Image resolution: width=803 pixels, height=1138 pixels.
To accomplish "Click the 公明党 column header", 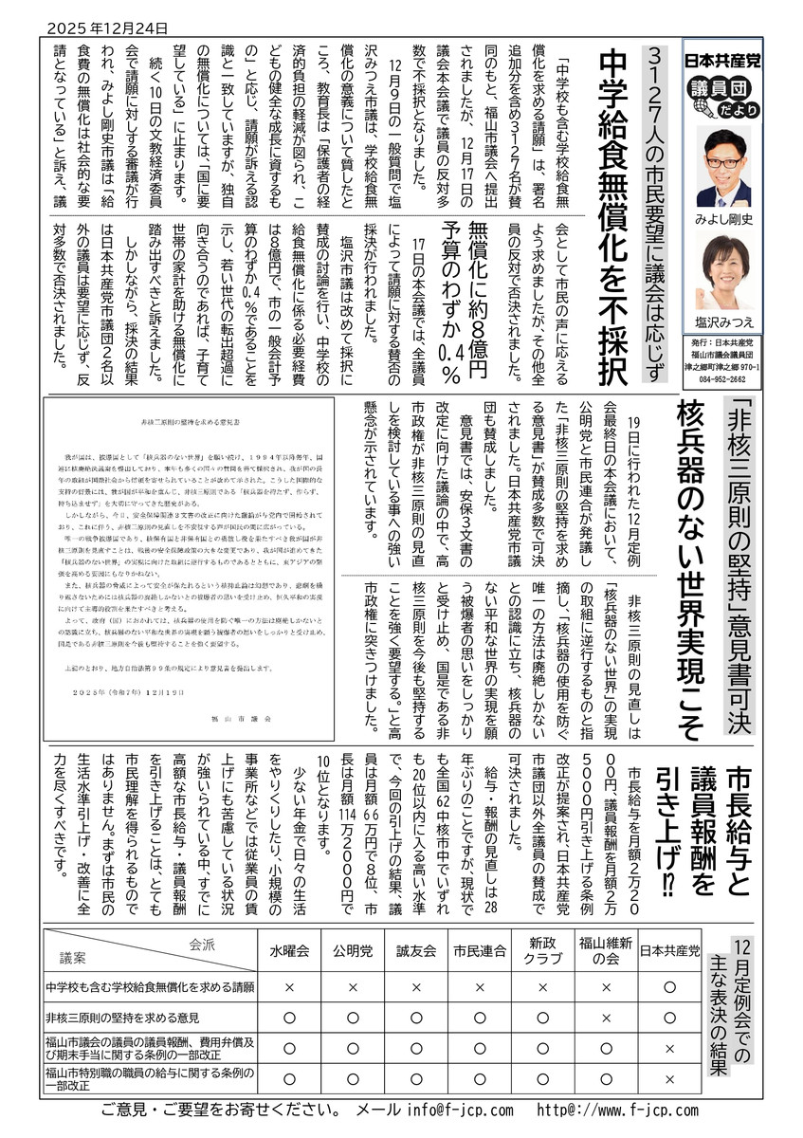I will tap(353, 950).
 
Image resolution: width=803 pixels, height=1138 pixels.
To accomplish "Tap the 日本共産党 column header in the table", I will tap(670, 950).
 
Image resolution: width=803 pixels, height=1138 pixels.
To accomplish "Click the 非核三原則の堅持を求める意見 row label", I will tap(122, 1018).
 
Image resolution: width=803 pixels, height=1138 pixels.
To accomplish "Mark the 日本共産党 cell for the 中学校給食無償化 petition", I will tap(670, 987).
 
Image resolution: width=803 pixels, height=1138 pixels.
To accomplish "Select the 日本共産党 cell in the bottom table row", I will tap(670, 1079).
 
